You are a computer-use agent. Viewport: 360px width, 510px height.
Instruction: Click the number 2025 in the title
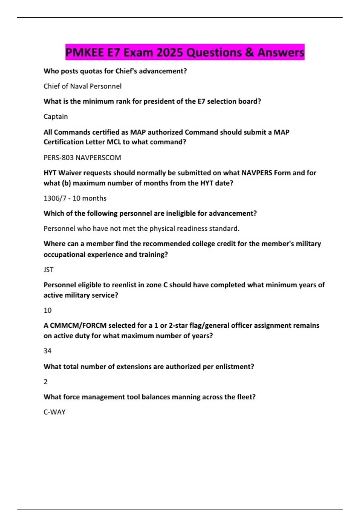coord(170,52)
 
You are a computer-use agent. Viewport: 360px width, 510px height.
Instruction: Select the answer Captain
coord(56,116)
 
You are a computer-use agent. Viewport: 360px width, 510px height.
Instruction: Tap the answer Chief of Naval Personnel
coord(82,86)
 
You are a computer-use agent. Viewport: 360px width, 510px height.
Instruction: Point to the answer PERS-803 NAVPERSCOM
coord(82,157)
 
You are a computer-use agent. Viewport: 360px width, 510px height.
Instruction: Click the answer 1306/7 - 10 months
coord(75,198)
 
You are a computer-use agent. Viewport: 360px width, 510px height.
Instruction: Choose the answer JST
coord(49,269)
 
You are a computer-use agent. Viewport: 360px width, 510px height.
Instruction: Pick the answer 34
coord(47,351)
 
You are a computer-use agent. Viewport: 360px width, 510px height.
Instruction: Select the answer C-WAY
coord(55,412)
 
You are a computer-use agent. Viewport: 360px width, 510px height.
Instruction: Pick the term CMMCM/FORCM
coord(78,325)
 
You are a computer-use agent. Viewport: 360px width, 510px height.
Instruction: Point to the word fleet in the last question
coord(246,397)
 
